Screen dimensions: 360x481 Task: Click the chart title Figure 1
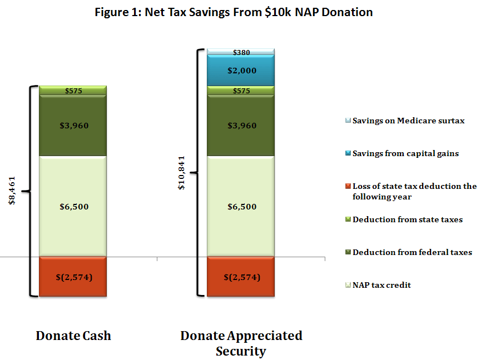pos(240,12)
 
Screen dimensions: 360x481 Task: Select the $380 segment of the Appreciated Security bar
pos(241,53)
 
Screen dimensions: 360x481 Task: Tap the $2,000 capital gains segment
pos(241,71)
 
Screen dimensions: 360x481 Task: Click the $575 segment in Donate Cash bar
pos(74,91)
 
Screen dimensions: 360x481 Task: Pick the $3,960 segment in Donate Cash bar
pos(74,126)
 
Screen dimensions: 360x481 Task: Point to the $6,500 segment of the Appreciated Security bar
pos(241,206)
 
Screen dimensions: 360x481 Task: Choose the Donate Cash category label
pos(73,336)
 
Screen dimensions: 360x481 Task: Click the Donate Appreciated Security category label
pos(241,343)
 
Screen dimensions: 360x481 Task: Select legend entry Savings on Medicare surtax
pos(408,121)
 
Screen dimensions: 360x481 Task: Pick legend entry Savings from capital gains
pos(405,153)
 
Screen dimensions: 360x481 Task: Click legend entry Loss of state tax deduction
pos(414,191)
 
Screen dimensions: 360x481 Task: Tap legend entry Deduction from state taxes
pos(407,219)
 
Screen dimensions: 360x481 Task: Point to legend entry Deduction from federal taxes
pos(411,252)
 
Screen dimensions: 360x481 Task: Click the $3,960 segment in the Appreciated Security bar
pos(241,126)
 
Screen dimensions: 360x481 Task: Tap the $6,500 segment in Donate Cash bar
pos(74,206)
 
